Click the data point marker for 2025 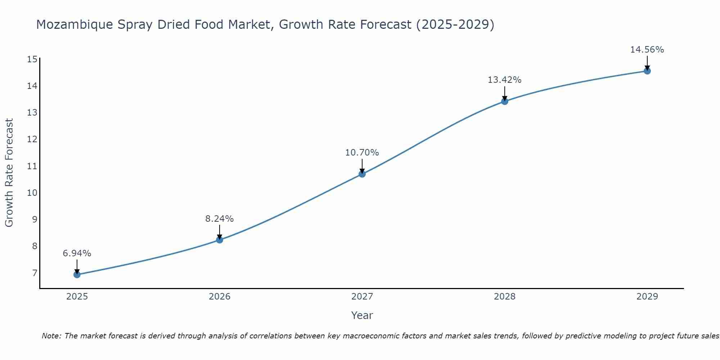click(x=77, y=275)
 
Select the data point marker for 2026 click(x=220, y=240)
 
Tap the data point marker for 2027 click(x=362, y=174)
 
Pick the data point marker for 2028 click(x=505, y=101)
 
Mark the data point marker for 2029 click(x=647, y=71)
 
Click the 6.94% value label click(x=77, y=253)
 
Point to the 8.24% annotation click(x=220, y=219)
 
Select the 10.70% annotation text click(x=362, y=153)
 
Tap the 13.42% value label click(x=505, y=80)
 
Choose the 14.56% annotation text click(x=647, y=50)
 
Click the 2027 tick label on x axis click(x=362, y=297)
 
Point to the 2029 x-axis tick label click(x=647, y=297)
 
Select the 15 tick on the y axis click(x=32, y=59)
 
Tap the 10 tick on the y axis click(x=32, y=193)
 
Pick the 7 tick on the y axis click(x=35, y=273)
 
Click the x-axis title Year click(x=362, y=315)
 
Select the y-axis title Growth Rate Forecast click(x=9, y=173)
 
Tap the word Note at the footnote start click(x=52, y=336)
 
